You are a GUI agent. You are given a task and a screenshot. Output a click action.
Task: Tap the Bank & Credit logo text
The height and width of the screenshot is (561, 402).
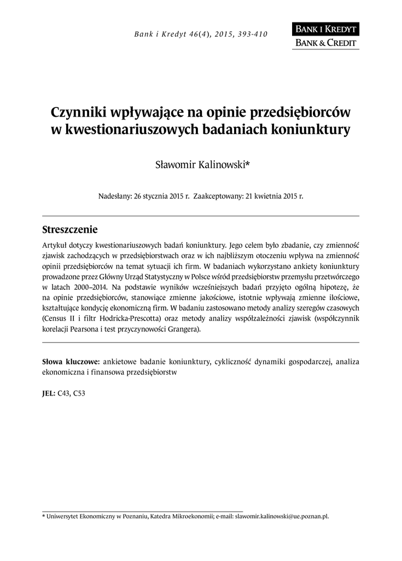(325, 43)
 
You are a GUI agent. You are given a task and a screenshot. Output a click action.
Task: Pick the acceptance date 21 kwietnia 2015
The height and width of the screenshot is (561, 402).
(271, 196)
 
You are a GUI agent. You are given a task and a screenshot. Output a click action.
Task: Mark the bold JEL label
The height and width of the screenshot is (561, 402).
(48, 393)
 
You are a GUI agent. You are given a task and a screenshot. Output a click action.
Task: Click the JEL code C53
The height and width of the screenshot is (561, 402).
(79, 393)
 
